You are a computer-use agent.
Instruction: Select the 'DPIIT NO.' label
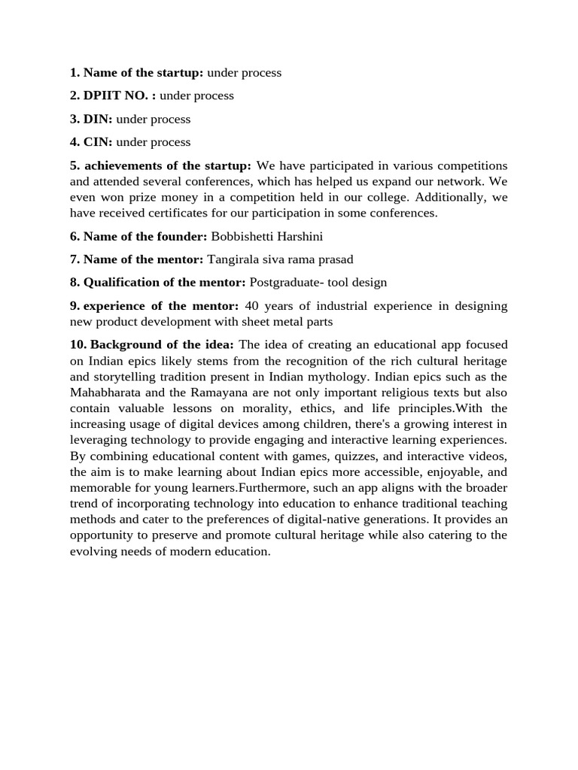click(x=114, y=95)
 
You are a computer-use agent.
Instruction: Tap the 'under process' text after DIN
click(x=153, y=119)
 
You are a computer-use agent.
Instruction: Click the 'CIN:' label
click(x=98, y=142)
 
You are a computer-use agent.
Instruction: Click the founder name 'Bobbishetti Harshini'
click(x=266, y=236)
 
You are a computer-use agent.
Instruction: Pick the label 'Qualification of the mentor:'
click(x=164, y=283)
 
